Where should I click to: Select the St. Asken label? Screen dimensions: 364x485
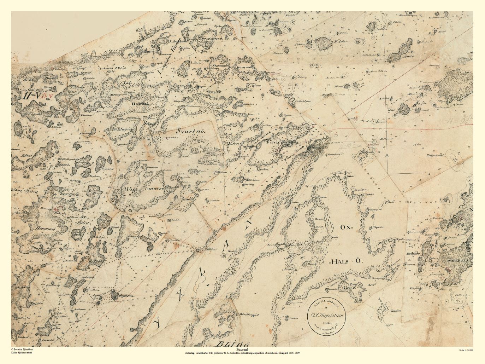tap(342, 41)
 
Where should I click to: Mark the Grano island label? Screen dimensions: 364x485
tap(349, 288)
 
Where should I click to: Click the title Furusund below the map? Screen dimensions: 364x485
tap(242, 348)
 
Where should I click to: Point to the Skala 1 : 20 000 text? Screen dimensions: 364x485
tap(466, 350)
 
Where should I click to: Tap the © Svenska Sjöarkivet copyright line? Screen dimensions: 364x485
tap(23, 349)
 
